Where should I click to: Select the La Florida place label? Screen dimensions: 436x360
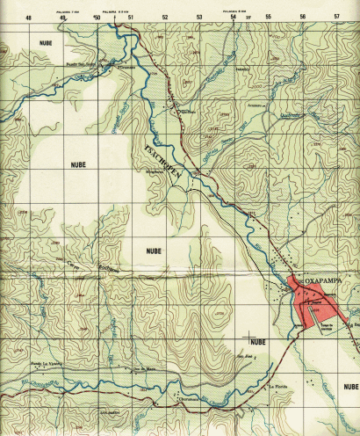tap(278, 388)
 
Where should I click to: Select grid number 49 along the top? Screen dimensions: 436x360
tap(63, 17)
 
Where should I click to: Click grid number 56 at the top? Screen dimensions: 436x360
tap(302, 17)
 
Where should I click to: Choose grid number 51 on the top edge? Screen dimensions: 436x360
tap(131, 17)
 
